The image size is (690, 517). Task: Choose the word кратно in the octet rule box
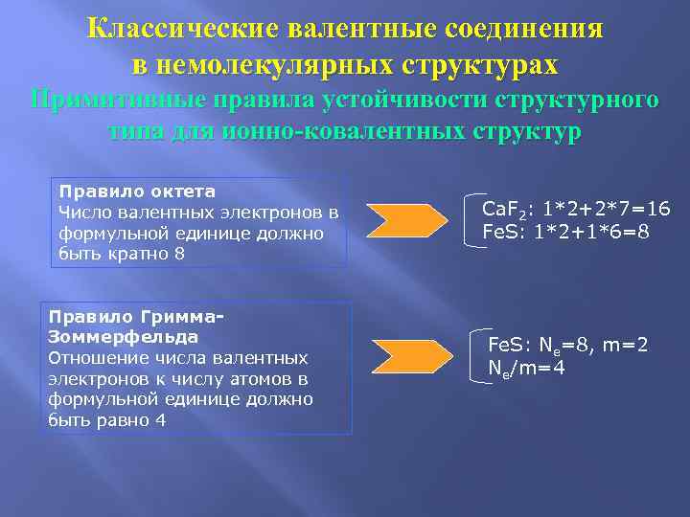[x=132, y=255]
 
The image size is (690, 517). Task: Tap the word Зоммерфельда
[x=122, y=337]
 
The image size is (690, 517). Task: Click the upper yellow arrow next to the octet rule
[x=405, y=220]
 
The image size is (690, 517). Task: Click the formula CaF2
[x=503, y=210]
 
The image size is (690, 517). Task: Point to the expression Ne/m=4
[x=526, y=367]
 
